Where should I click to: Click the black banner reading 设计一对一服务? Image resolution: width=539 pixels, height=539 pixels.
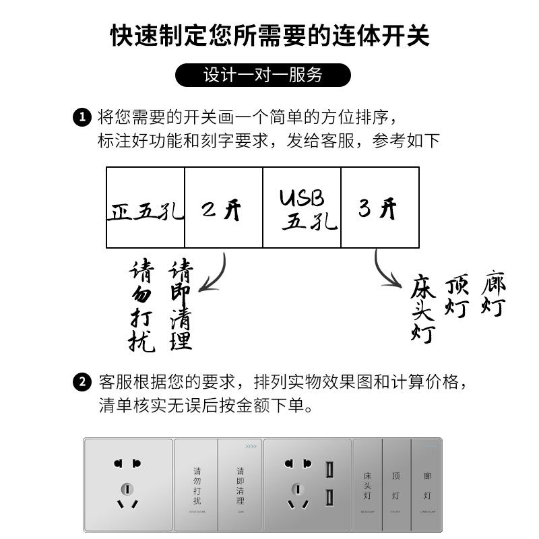tap(263, 75)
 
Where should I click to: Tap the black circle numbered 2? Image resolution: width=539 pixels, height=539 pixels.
tap(82, 383)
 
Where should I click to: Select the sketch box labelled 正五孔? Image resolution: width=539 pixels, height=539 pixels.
tap(146, 208)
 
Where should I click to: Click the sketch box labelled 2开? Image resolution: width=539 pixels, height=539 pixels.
tap(224, 208)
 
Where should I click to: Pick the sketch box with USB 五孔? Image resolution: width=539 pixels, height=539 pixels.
tap(302, 208)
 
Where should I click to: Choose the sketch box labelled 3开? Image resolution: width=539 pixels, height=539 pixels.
tap(380, 208)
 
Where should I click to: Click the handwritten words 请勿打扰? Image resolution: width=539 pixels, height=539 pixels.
tap(142, 307)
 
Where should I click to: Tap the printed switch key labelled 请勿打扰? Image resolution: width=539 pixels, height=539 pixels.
tap(196, 485)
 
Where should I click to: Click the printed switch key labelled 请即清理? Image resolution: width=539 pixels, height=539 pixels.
tap(240, 485)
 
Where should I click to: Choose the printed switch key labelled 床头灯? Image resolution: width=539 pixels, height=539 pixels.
tap(367, 485)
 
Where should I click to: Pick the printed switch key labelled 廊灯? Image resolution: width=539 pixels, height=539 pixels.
tap(426, 485)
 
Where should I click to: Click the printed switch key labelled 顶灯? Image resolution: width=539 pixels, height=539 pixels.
tap(396, 485)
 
